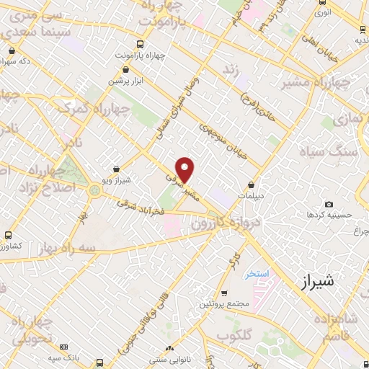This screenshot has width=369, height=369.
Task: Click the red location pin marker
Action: [186, 168]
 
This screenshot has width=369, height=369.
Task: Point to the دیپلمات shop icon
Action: [251, 184]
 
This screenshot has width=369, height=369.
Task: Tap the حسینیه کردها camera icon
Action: [329, 205]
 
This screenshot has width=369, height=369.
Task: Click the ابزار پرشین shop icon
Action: [127, 70]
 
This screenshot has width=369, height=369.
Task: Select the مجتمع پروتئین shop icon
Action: [224, 293]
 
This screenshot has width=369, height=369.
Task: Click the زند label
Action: [231, 70]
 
